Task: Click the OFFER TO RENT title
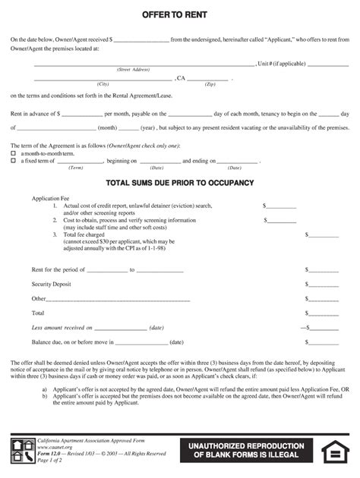(x=180, y=15)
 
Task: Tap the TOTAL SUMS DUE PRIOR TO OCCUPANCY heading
(x=180, y=183)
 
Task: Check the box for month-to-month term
(x=13, y=153)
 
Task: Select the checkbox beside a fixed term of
(x=13, y=161)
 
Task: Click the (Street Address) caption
(x=133, y=69)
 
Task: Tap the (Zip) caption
(x=210, y=83)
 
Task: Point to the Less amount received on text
(x=62, y=327)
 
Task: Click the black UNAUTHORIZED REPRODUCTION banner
(x=246, y=450)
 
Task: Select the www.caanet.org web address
(x=54, y=447)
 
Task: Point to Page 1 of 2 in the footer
(x=52, y=460)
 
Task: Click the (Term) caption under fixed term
(x=76, y=168)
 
